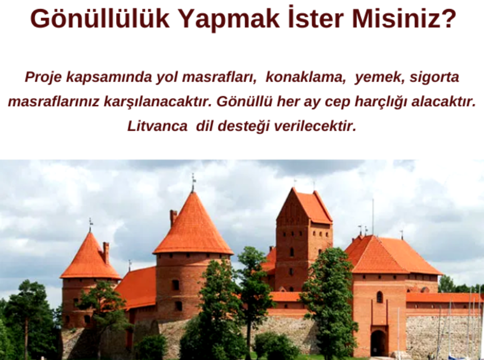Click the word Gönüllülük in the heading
coord(100,19)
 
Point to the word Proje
coord(43,77)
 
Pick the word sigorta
coord(434,78)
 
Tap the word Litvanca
coord(157,126)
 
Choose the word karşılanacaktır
coord(158,102)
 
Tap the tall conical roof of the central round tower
coord(193,225)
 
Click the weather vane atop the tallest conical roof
coord(193,182)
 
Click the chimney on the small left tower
coord(106,252)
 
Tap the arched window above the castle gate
coord(380,297)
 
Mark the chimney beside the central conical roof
coord(173,217)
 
